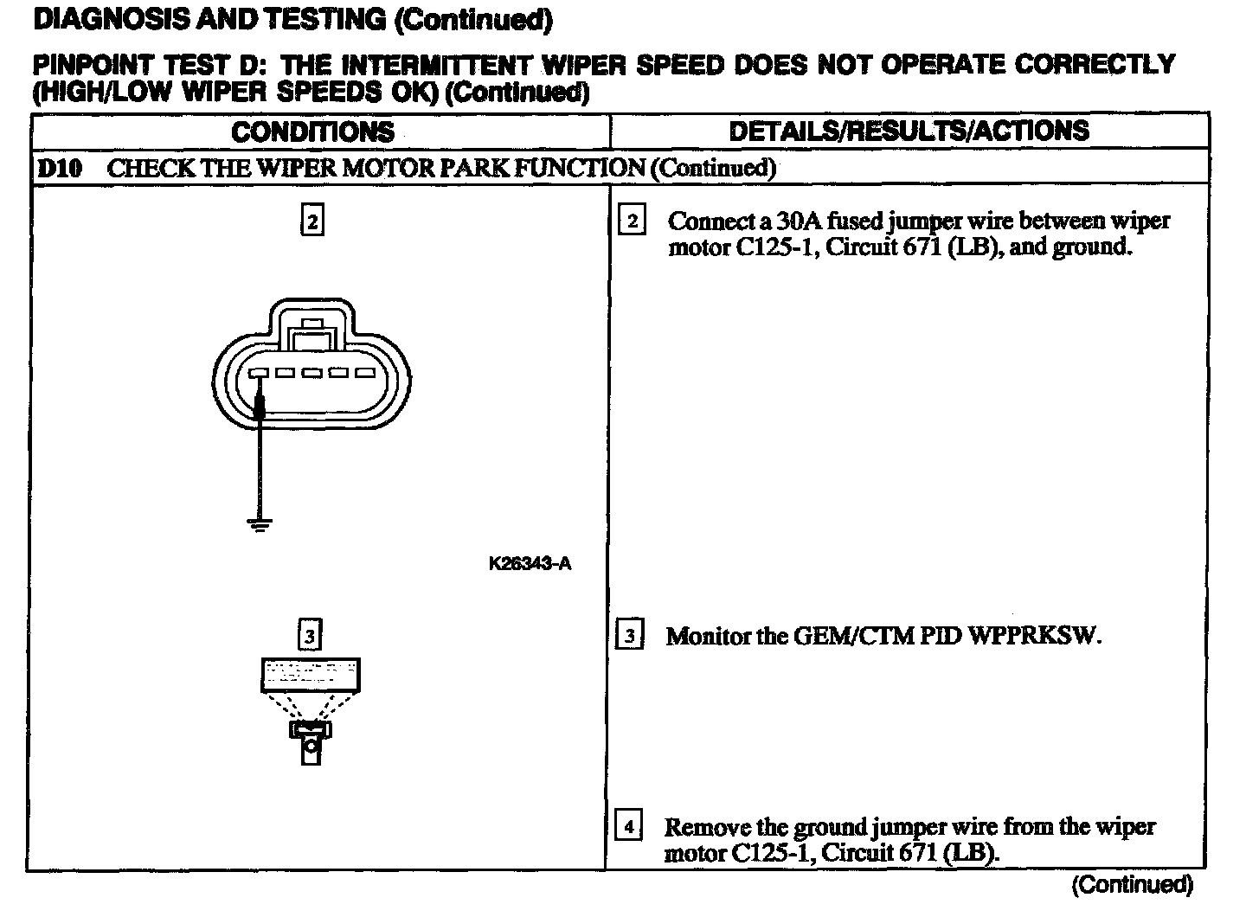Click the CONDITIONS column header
point(312,131)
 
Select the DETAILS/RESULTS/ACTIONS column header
point(909,131)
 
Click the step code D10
point(59,168)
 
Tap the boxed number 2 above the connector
point(311,221)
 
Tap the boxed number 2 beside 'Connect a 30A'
point(632,221)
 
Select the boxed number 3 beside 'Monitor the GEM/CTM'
point(629,637)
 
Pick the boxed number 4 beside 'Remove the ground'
point(628,827)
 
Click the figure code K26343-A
point(530,564)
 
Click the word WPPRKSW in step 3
point(1035,637)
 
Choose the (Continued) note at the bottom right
point(1132,884)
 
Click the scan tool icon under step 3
point(311,709)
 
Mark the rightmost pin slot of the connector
point(364,374)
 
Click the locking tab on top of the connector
point(309,333)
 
